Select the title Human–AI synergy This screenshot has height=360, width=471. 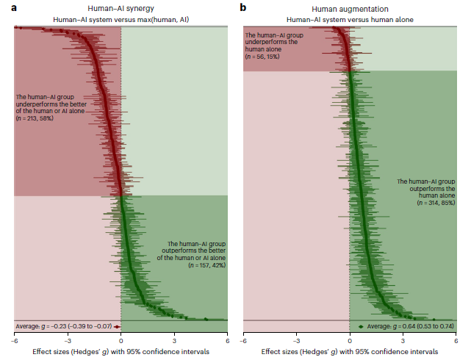121,7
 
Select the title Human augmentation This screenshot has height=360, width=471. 349,7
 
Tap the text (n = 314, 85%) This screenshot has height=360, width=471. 437,203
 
